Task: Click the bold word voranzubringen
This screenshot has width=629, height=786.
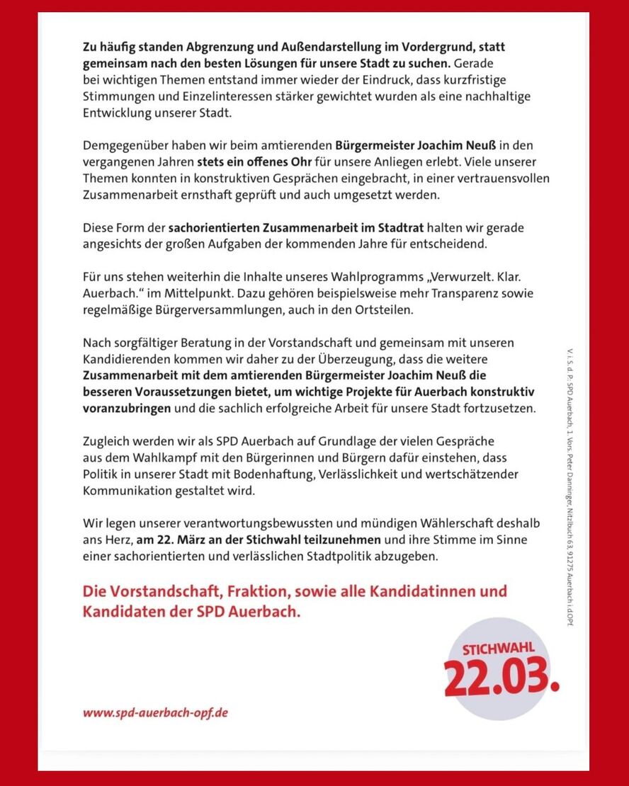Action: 127,409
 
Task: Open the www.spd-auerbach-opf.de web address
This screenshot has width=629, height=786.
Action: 155,712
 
